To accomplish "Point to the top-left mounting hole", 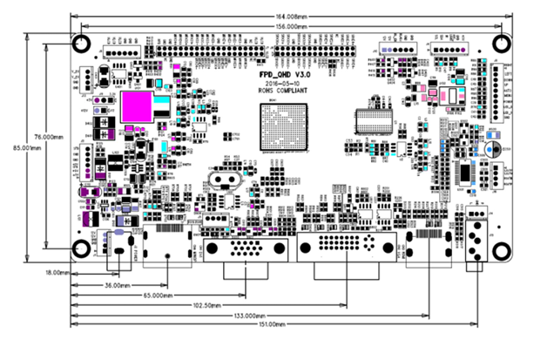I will pos(81,43).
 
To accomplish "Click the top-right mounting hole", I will pos(503,43).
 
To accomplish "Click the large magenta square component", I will pos(138,106).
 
